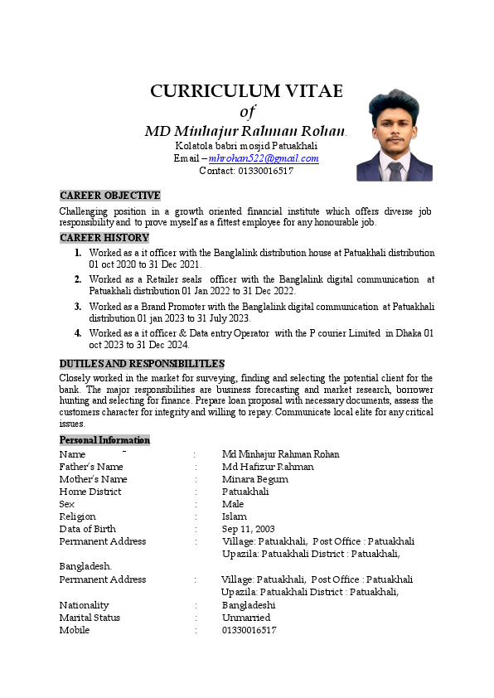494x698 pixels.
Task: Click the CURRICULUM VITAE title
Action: tap(246, 91)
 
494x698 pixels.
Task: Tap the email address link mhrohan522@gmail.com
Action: tap(264, 158)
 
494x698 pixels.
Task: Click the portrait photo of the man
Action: tap(395, 136)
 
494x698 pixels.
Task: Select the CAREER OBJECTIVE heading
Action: tap(110, 196)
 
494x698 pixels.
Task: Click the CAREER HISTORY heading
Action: tap(104, 238)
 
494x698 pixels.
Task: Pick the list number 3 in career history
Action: tap(78, 307)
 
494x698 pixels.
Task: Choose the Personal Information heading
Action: tap(104, 440)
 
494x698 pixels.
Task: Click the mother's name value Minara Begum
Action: tap(255, 479)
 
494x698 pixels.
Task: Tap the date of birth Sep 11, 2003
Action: tap(248, 529)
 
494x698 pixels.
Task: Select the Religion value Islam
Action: tap(234, 516)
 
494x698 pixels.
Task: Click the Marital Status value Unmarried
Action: tap(246, 618)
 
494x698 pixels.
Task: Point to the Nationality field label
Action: tap(84, 605)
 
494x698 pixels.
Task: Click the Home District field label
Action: tap(90, 492)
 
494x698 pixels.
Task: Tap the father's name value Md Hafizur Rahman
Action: tap(268, 467)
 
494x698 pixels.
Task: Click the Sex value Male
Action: tap(233, 504)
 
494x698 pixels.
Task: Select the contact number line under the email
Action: tap(246, 171)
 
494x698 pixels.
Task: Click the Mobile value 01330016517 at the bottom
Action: tap(249, 630)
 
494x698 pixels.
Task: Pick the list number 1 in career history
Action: tap(78, 252)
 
